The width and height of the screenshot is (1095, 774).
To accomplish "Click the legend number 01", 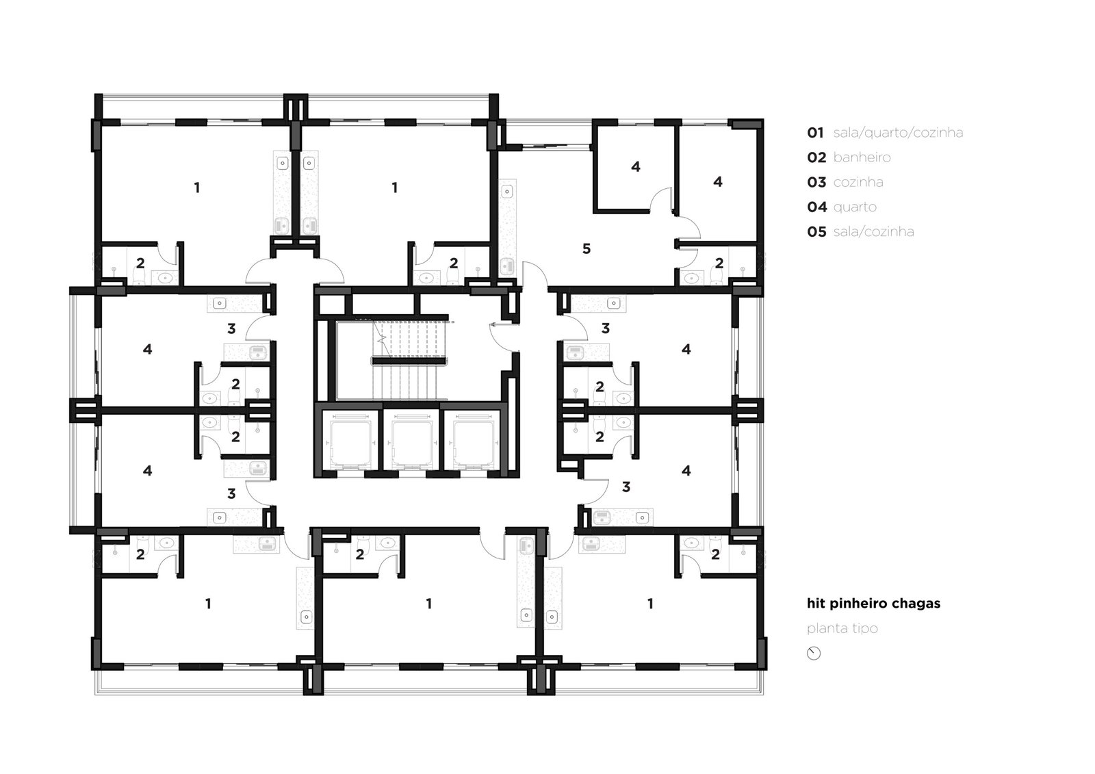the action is coord(815,133).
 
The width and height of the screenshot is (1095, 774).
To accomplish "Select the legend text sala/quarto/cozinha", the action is coord(898,133).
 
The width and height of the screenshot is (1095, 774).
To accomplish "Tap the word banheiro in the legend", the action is coord(862,157).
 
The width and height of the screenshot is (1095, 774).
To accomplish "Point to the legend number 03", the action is coord(816,182).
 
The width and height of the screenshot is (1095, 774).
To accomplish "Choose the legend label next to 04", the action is coord(855,207).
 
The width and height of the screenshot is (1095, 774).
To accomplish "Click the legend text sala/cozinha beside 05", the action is coord(873,232).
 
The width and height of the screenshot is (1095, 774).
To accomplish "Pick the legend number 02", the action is coord(816,157).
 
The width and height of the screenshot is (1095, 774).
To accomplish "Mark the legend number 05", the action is coord(816,232).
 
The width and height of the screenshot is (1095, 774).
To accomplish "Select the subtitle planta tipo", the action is coord(842,628).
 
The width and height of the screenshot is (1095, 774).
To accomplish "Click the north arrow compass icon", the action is coord(814,654).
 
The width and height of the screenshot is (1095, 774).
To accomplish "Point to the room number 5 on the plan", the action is coord(586,249).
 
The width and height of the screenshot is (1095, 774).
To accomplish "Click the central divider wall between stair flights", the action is coord(409,361).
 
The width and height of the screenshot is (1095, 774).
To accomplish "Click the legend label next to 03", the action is coord(858,182).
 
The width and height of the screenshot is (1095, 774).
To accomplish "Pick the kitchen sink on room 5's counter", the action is coord(507,266).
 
